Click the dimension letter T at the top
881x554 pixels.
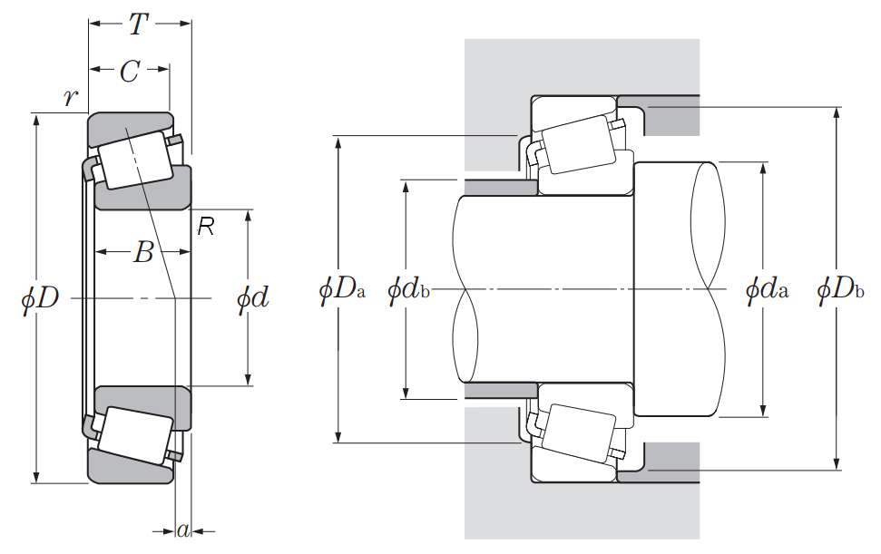(x=137, y=24)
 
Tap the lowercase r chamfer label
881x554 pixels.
(x=70, y=98)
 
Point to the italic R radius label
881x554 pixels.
(x=206, y=228)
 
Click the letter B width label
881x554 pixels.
(x=142, y=254)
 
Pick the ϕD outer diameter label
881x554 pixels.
(x=37, y=297)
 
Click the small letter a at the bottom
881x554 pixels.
(x=182, y=531)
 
